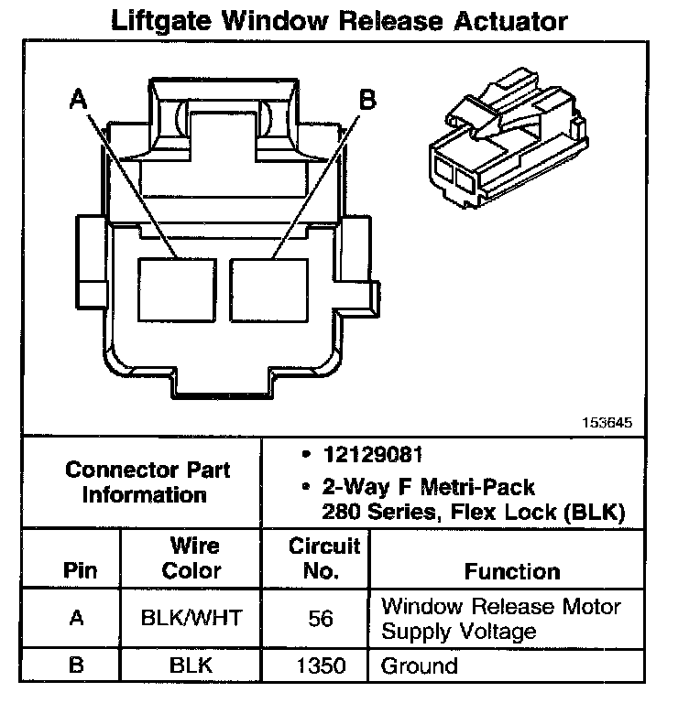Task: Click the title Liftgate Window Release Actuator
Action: point(338,20)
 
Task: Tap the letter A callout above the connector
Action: point(80,99)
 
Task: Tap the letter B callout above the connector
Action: point(366,99)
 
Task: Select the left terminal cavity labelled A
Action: point(178,288)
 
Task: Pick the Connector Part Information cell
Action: point(148,482)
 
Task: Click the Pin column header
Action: point(80,570)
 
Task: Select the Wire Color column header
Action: point(191,558)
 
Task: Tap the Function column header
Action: point(512,571)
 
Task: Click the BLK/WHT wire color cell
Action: point(191,618)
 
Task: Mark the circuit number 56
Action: point(321,618)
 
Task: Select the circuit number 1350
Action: point(321,666)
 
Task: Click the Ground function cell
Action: point(419,666)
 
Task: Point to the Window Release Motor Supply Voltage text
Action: point(500,618)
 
